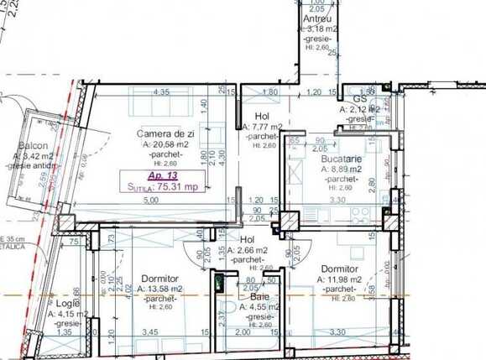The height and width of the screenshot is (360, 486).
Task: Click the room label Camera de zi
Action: [163, 133]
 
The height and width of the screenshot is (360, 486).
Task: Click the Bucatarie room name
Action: [340, 159]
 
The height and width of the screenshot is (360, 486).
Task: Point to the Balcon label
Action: [32, 145]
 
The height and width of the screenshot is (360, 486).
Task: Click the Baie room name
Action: [259, 297]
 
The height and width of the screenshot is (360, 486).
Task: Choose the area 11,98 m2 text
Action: [344, 279]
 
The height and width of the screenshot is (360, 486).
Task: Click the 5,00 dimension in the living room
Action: [150, 201]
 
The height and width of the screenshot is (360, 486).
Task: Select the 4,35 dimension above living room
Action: [163, 92]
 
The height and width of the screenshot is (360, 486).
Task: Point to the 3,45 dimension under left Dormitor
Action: [151, 333]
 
